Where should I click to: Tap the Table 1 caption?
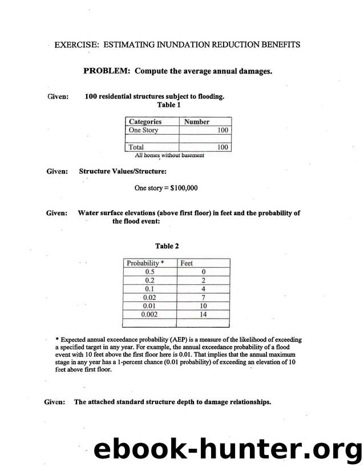[x=169, y=105]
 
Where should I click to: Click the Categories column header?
[x=145, y=122]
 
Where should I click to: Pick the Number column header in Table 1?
[x=196, y=122]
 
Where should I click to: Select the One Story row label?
[x=144, y=130]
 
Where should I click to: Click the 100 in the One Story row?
[x=223, y=130]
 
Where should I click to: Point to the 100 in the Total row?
[x=223, y=147]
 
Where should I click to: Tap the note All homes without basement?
[x=169, y=155]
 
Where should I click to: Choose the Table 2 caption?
[x=167, y=246]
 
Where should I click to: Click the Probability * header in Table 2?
[x=145, y=263]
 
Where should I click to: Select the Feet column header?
[x=187, y=263]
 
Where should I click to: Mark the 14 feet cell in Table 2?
[x=203, y=314]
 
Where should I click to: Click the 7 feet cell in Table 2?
[x=203, y=297]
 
